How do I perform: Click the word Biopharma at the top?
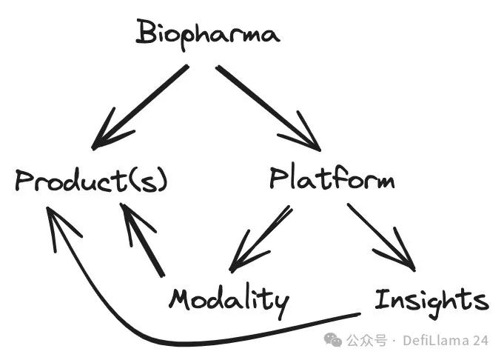208,34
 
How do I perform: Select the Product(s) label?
91,181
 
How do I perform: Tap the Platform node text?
331,179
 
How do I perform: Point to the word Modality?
228,300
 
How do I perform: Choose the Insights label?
431,300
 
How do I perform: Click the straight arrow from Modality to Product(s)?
144,241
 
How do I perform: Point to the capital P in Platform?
278,180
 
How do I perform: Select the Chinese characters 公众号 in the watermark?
367,341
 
